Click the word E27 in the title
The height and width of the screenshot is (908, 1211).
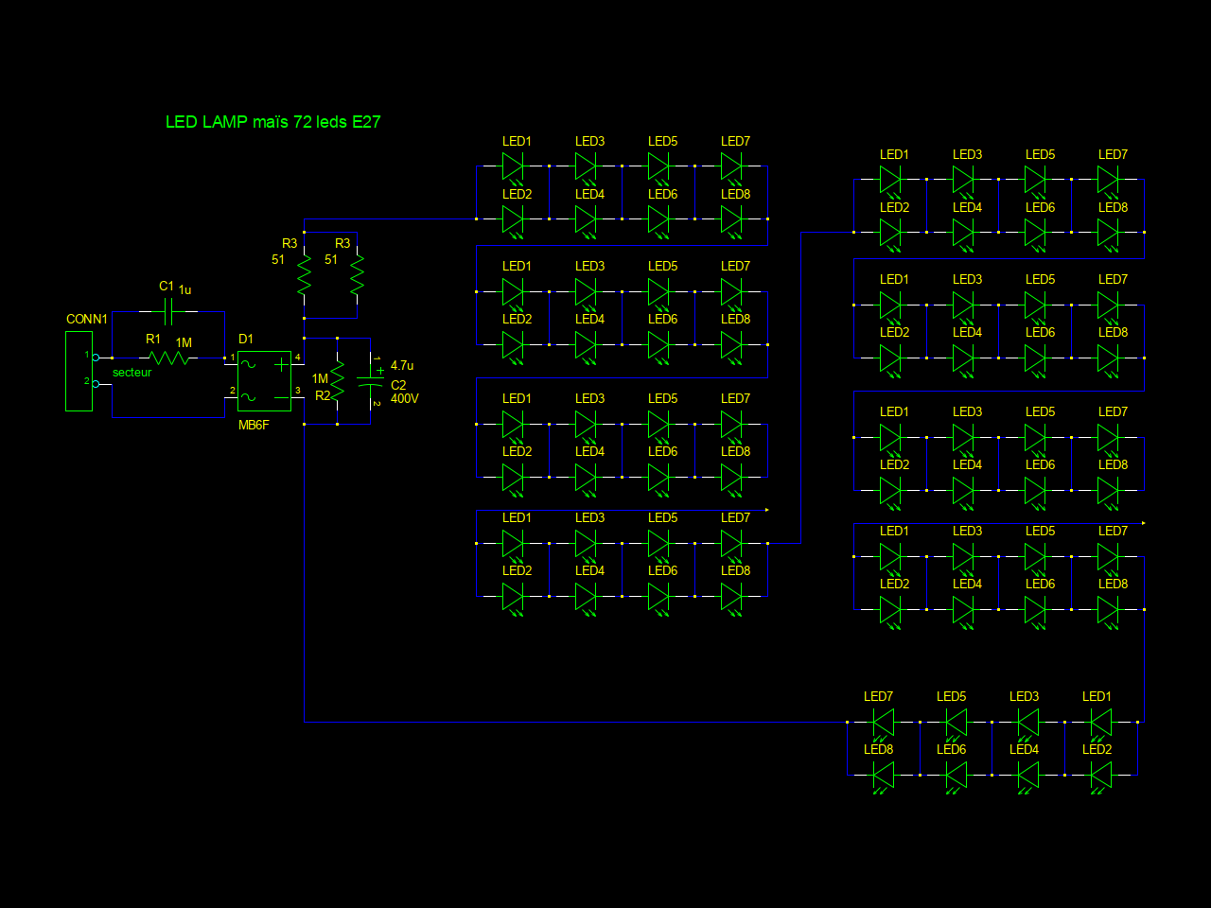tap(366, 122)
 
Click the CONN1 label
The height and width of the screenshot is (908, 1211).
tap(87, 320)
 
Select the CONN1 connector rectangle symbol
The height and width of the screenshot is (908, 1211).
tap(79, 372)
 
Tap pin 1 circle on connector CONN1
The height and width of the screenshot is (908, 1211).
tap(96, 358)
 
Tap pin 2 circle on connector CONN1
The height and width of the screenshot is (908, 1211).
tap(96, 384)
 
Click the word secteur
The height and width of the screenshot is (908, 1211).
tap(132, 373)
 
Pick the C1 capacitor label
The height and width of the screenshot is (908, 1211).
tap(167, 287)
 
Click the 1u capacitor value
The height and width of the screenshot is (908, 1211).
tap(185, 290)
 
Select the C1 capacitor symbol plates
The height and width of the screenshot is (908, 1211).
tap(168, 311)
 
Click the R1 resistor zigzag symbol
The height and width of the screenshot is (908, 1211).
tap(169, 358)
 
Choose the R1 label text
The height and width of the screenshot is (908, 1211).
tap(153, 340)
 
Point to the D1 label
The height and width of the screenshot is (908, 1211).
tap(246, 340)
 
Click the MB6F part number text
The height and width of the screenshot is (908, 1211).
tap(254, 426)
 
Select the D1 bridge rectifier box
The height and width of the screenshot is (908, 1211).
tap(264, 380)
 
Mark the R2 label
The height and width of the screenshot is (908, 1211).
tap(323, 396)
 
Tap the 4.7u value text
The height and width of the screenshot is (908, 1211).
tap(402, 366)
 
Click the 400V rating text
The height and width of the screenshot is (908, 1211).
tap(404, 399)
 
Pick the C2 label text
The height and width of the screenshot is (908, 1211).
tap(398, 386)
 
